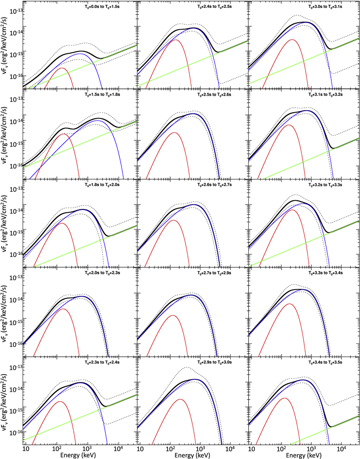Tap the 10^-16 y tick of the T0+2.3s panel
[x=13, y=433]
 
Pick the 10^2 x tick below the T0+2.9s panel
[x=170, y=448]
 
